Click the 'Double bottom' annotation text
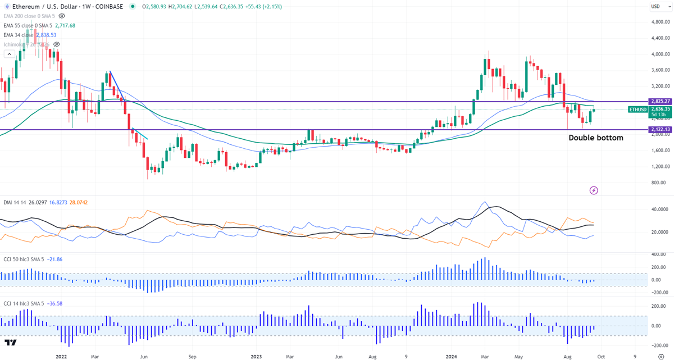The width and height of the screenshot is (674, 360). pos(596,138)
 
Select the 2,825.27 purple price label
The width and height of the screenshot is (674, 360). pos(660,101)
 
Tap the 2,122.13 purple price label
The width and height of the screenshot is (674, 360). pos(660,130)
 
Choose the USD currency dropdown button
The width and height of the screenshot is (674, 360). pos(658,6)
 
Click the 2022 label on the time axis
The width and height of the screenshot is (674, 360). pos(62,356)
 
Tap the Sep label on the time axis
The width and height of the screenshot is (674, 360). pos(192,356)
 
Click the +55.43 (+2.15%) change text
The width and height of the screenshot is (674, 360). pos(262,7)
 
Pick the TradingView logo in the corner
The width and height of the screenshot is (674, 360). pos(10,342)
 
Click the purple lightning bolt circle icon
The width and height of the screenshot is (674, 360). pos(594,191)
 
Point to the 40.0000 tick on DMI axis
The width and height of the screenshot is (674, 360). pos(657,209)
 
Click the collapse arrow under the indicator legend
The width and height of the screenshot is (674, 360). pos(9,54)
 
